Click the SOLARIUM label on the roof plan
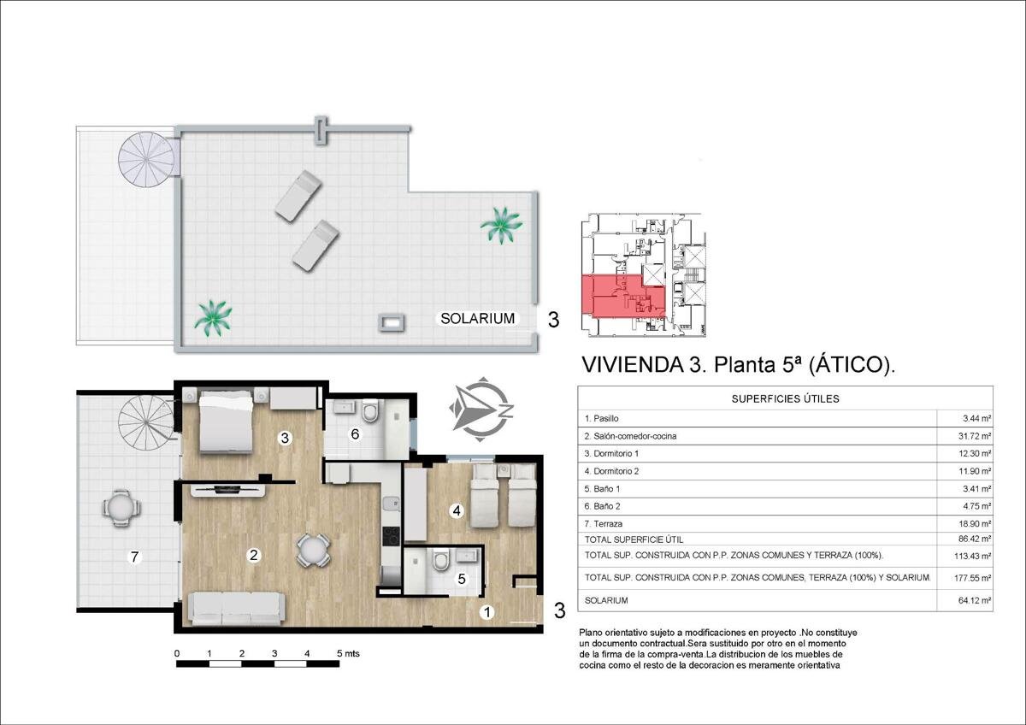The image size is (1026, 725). click(x=477, y=318)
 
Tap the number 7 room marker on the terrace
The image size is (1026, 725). click(x=135, y=557)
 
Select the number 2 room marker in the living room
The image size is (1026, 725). click(x=253, y=555)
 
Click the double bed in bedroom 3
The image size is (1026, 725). click(x=226, y=421)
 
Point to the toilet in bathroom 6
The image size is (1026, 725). click(x=370, y=411)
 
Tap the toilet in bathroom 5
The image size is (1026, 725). click(x=441, y=560)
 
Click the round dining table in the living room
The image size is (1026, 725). click(x=313, y=550)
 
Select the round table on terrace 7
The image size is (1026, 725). click(x=121, y=508)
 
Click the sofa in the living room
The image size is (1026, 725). click(x=237, y=609)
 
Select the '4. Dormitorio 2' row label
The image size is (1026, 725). click(x=611, y=471)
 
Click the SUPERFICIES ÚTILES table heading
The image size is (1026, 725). click(x=785, y=399)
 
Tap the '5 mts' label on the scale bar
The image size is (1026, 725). click(x=348, y=653)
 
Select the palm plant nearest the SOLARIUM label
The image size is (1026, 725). click(x=501, y=225)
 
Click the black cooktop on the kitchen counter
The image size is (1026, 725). click(x=392, y=536)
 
